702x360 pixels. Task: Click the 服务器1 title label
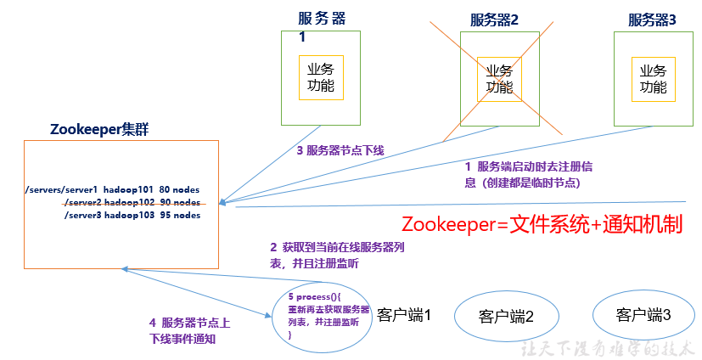pos(323,20)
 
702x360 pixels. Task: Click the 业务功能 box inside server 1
pos(320,77)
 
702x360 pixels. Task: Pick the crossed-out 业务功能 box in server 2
pos(499,78)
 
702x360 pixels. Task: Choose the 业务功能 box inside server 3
pos(653,78)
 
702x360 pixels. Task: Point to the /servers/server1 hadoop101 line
pos(113,189)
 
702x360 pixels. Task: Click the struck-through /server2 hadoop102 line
pos(132,202)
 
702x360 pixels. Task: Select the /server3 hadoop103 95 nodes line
pos(132,215)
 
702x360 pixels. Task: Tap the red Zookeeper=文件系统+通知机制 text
pos(542,224)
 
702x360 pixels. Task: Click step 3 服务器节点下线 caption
pos(340,150)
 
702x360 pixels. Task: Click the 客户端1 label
pos(404,315)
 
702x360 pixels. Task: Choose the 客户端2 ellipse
pos(506,317)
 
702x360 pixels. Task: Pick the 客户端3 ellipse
pos(643,315)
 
